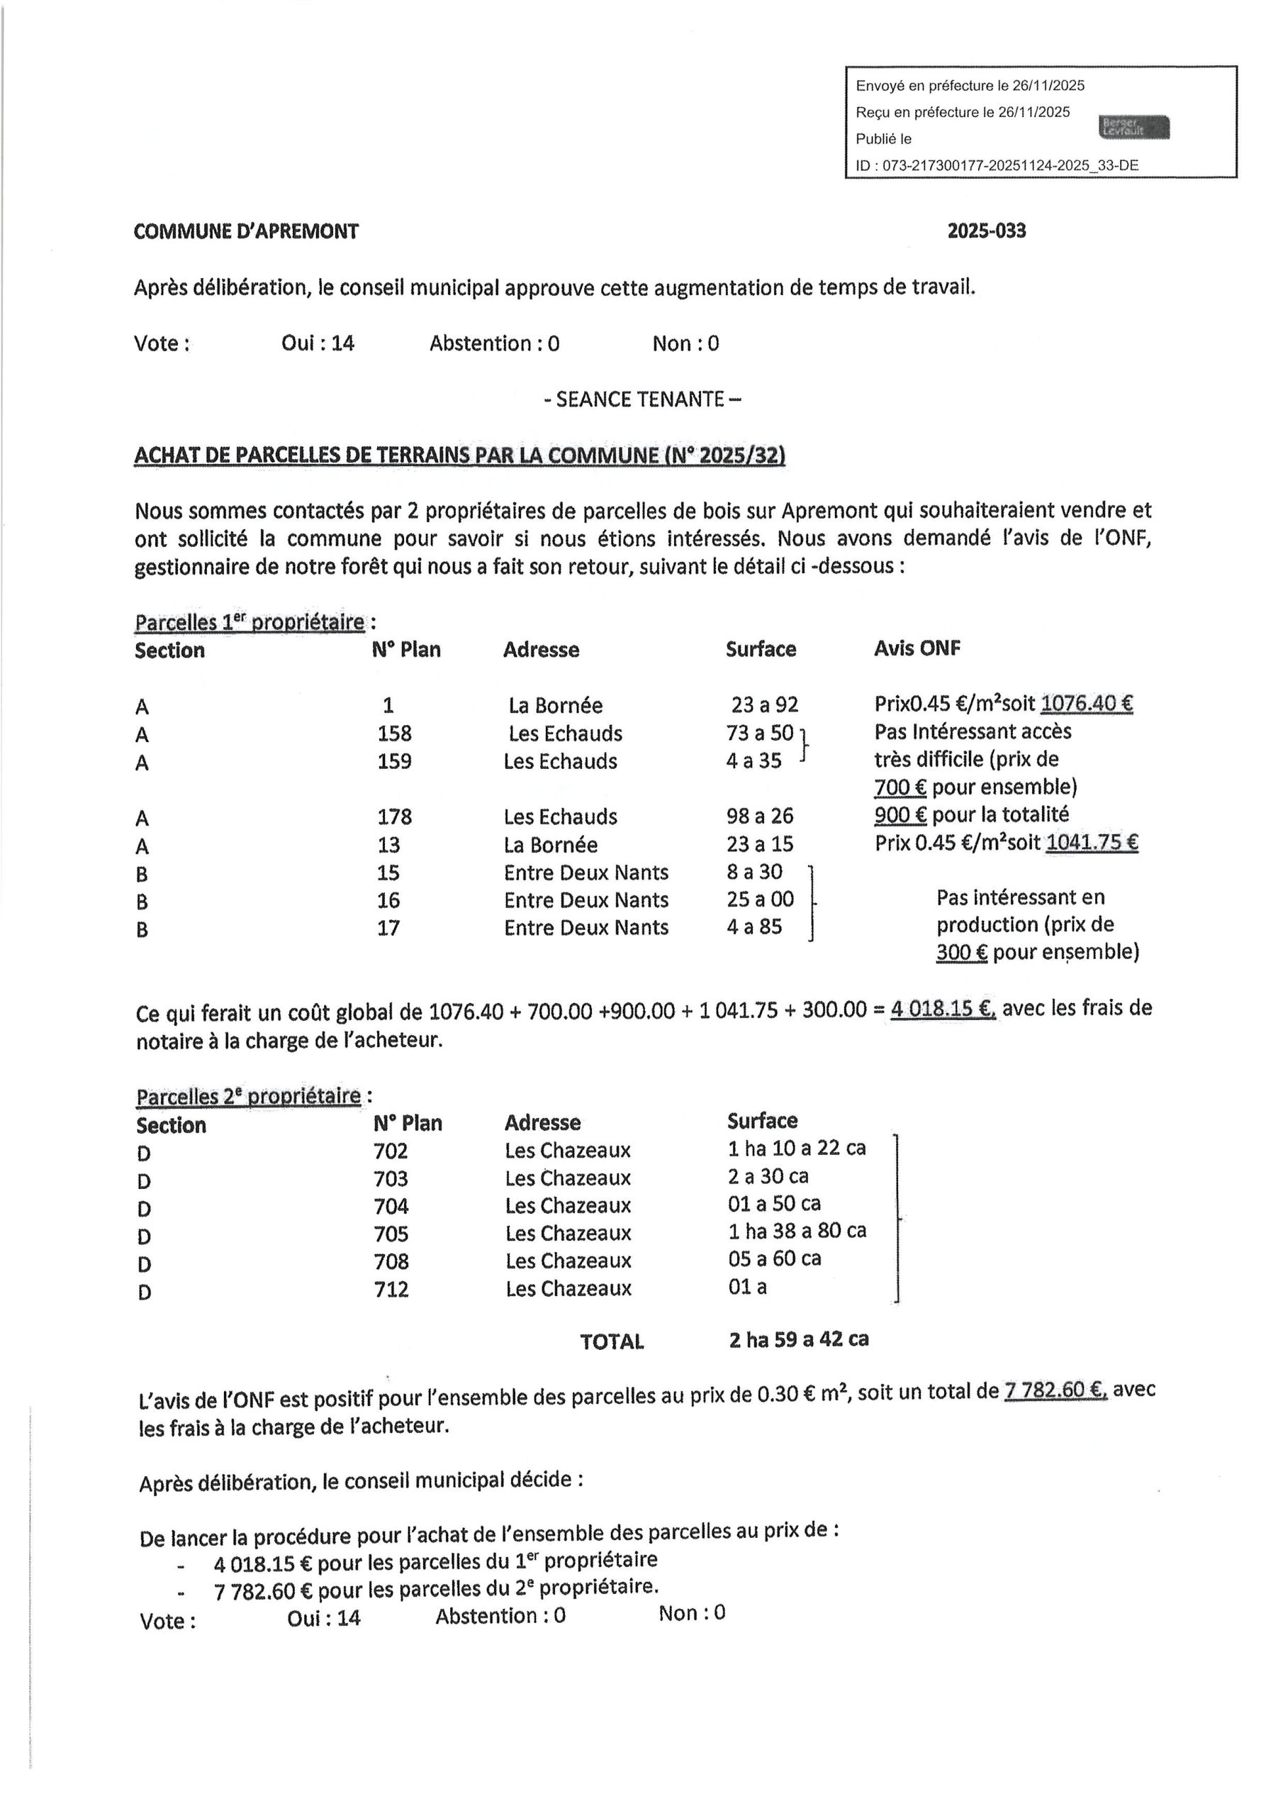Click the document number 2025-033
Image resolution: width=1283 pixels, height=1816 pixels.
pyautogui.click(x=986, y=231)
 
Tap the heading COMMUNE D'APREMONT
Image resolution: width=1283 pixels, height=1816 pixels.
pyautogui.click(x=246, y=232)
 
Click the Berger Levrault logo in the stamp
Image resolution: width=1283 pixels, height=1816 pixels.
pyautogui.click(x=1133, y=126)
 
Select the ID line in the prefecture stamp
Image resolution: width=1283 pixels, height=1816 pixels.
pyautogui.click(x=997, y=165)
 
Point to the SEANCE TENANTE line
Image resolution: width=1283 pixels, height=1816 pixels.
pyautogui.click(x=642, y=399)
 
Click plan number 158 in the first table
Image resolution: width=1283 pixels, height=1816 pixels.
pyautogui.click(x=393, y=733)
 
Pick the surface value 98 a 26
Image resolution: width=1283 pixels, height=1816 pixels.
pyautogui.click(x=760, y=816)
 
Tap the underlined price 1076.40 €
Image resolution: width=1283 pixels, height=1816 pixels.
pyautogui.click(x=1086, y=703)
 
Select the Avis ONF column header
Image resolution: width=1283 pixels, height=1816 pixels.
pyautogui.click(x=917, y=648)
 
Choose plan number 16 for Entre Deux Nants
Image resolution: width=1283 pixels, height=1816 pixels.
pyautogui.click(x=388, y=900)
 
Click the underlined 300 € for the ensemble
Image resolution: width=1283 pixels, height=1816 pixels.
pyautogui.click(x=961, y=951)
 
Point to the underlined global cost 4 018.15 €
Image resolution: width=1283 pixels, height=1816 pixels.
pyautogui.click(x=943, y=1009)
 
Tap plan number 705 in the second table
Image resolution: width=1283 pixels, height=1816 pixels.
pyautogui.click(x=391, y=1234)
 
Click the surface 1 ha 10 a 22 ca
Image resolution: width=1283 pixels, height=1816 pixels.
pyautogui.click(x=796, y=1148)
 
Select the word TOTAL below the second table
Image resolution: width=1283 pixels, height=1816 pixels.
pyautogui.click(x=612, y=1341)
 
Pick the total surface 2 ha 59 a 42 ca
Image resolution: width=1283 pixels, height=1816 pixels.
pyautogui.click(x=798, y=1339)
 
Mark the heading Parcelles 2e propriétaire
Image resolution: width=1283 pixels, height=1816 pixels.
pyautogui.click(x=248, y=1097)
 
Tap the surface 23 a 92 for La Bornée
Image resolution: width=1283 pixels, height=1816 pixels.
pyautogui.click(x=764, y=704)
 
